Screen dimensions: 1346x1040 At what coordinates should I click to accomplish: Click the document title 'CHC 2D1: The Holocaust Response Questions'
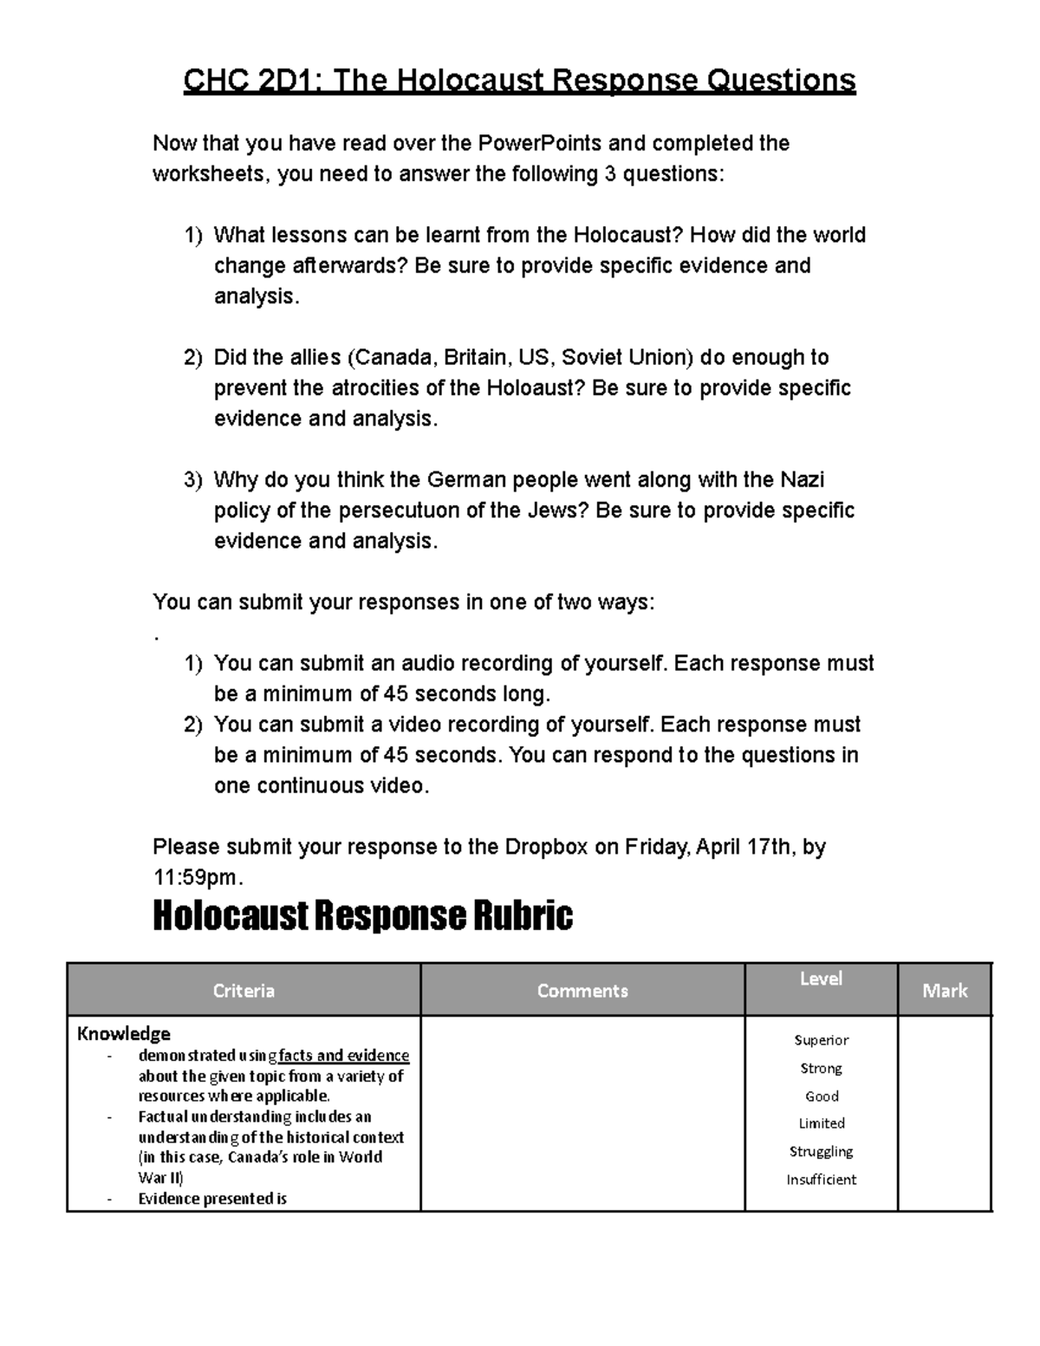pyautogui.click(x=519, y=81)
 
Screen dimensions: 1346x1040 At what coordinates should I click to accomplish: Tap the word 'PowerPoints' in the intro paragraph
pyautogui.click(x=517, y=143)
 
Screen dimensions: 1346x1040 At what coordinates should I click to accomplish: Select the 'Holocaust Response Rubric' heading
pyautogui.click(x=362, y=915)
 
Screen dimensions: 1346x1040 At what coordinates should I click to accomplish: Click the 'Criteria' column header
pyautogui.click(x=244, y=991)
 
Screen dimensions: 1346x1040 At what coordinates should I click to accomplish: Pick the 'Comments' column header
pyautogui.click(x=582, y=991)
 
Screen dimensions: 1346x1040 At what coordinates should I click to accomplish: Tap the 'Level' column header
pyautogui.click(x=821, y=979)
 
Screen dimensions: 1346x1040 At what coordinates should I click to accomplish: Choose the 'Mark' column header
pyautogui.click(x=945, y=991)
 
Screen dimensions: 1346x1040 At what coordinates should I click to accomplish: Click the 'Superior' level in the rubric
pyautogui.click(x=821, y=1040)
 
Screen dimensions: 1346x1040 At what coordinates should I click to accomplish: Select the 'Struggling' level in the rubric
pyautogui.click(x=821, y=1151)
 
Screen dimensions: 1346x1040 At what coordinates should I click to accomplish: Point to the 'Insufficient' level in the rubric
pyautogui.click(x=821, y=1180)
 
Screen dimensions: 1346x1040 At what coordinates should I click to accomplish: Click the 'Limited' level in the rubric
pyautogui.click(x=821, y=1123)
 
